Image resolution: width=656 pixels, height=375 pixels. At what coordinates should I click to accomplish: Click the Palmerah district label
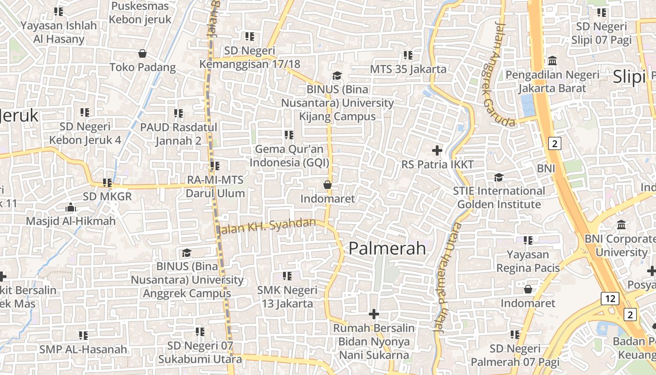point(387,248)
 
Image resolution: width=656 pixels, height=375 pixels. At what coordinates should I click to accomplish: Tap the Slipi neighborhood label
point(629,76)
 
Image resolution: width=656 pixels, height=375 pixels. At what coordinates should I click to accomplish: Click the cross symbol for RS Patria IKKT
point(437,150)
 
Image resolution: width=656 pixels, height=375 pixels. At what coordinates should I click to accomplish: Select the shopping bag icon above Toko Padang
point(142,53)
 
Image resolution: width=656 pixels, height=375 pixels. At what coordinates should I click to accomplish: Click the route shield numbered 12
point(610,298)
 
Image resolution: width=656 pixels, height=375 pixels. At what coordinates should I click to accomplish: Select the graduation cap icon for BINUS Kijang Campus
point(337,75)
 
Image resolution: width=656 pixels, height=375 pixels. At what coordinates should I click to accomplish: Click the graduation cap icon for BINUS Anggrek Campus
point(186,253)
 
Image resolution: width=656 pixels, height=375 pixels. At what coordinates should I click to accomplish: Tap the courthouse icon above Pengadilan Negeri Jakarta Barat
point(552,61)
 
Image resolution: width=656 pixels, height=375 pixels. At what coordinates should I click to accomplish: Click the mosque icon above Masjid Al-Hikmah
point(71,207)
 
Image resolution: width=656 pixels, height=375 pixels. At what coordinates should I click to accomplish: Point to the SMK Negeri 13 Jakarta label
point(287,297)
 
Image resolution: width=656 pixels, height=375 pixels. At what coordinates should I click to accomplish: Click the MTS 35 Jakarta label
point(408,69)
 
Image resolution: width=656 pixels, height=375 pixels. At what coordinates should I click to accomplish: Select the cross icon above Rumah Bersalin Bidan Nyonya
point(373,314)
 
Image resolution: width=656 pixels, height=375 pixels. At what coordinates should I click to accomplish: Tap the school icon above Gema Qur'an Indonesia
point(289,135)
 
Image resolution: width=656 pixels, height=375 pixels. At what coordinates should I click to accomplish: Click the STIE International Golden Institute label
point(499,197)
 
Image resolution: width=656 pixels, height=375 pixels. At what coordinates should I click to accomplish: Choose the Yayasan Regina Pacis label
point(528,261)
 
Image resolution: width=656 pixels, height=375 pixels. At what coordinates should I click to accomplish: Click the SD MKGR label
point(107,196)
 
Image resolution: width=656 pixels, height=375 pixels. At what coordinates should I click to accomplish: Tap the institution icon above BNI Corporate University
point(621,225)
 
